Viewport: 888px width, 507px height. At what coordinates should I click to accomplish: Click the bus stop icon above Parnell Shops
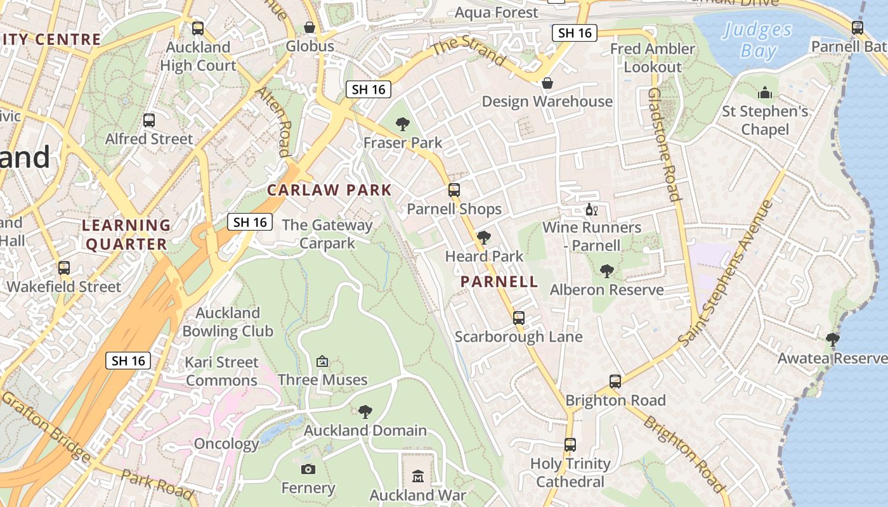(x=454, y=189)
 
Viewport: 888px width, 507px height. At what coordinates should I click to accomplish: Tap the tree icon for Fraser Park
(x=402, y=124)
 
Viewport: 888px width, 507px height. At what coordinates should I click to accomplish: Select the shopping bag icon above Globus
(x=310, y=27)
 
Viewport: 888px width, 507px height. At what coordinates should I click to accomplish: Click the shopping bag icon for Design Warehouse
(x=547, y=83)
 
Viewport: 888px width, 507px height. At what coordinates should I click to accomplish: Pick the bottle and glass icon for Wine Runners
(x=591, y=209)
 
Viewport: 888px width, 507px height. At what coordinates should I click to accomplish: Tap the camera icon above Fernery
(x=308, y=469)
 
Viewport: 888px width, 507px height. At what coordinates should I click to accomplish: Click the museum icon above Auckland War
(x=418, y=476)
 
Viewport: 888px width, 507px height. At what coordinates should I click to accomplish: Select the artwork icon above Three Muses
(x=322, y=361)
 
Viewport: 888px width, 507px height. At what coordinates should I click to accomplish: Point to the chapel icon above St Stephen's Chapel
(x=765, y=93)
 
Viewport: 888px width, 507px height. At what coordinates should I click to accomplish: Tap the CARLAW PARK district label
(x=329, y=189)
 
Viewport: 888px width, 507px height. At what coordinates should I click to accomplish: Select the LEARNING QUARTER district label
(x=127, y=234)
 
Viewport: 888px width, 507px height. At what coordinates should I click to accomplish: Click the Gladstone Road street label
(x=664, y=144)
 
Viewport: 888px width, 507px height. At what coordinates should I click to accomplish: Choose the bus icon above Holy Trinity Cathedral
(x=570, y=445)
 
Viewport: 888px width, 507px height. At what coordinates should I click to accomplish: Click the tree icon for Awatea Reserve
(x=833, y=340)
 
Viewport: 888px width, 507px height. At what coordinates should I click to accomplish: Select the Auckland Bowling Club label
(x=228, y=322)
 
